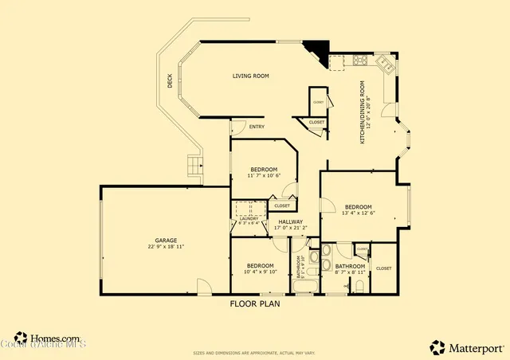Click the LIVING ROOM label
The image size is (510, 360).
(x=250, y=76)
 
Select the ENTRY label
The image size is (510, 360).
(x=257, y=127)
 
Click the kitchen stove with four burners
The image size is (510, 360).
(x=359, y=60)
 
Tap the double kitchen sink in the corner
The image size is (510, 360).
(x=382, y=62)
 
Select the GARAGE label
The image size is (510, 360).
(x=166, y=240)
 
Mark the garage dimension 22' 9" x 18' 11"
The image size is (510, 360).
(x=166, y=247)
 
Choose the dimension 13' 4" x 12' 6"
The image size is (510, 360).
(x=358, y=213)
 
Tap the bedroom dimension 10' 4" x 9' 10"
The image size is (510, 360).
(x=260, y=272)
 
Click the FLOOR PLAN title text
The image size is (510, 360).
(x=255, y=303)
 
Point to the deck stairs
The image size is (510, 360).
(x=193, y=166)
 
